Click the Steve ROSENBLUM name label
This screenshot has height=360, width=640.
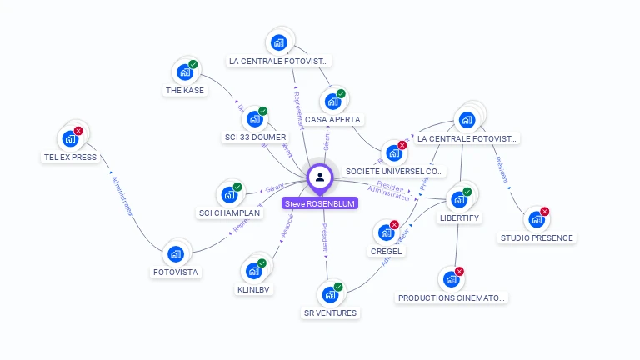click(320, 202)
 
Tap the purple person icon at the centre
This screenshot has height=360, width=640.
click(320, 177)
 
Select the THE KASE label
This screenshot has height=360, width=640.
click(184, 91)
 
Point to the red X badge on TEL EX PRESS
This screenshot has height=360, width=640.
click(78, 131)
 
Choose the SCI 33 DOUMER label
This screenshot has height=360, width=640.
click(255, 137)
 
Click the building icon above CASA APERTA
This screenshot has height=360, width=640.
click(332, 102)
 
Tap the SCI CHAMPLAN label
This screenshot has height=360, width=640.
click(229, 212)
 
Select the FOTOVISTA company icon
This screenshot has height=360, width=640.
click(175, 253)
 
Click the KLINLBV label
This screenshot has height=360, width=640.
click(254, 289)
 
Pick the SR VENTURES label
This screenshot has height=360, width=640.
click(330, 312)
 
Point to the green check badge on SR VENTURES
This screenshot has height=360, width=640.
click(338, 287)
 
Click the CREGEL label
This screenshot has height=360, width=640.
click(387, 251)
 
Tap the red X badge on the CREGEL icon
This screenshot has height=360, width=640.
click(394, 225)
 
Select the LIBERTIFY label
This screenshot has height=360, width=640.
click(459, 217)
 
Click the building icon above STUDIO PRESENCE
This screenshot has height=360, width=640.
click(537, 220)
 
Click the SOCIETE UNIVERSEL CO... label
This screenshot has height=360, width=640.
click(395, 171)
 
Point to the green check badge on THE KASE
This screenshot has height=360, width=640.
click(192, 65)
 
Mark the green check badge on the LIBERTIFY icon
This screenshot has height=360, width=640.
click(467, 192)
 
